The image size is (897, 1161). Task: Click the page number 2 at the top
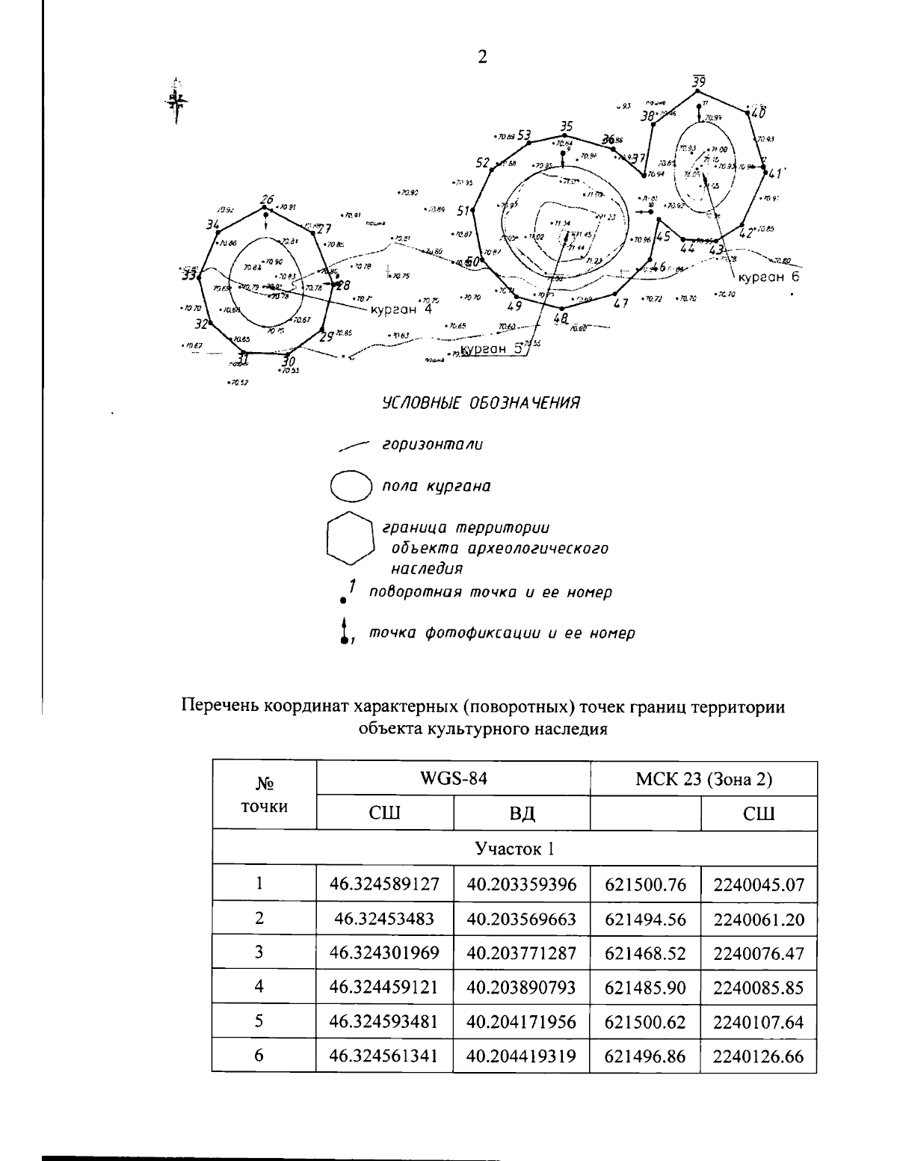tap(482, 58)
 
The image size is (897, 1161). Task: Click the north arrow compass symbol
tap(176, 99)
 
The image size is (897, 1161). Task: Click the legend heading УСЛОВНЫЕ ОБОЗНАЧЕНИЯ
tap(481, 404)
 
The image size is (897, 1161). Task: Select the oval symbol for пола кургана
tap(351, 486)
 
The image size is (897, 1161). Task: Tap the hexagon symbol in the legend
tap(348, 538)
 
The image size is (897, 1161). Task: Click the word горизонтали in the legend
tap(432, 445)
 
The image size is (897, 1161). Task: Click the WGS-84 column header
tap(453, 778)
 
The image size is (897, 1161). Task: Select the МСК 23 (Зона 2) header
tap(703, 778)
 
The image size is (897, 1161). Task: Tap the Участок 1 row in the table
tap(514, 849)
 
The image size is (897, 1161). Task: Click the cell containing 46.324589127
tap(384, 884)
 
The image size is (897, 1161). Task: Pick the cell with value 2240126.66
tap(758, 1056)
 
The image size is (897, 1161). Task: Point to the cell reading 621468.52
tap(645, 953)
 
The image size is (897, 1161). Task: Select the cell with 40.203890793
tap(521, 987)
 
